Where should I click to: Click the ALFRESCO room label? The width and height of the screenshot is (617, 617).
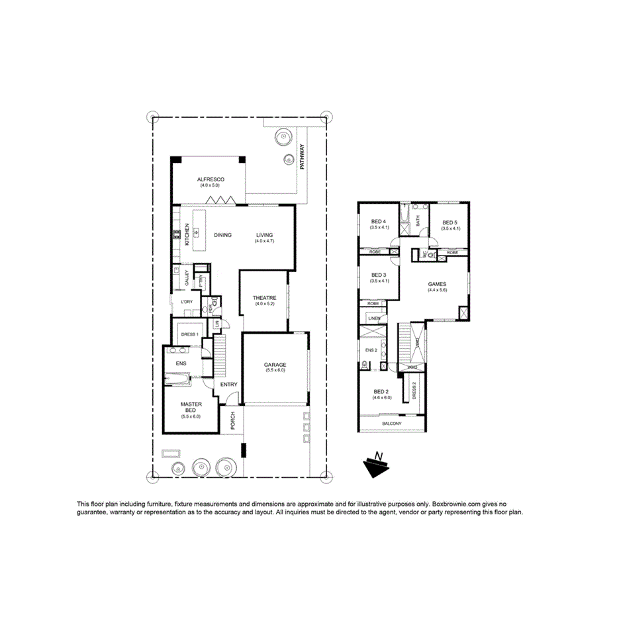pos(211,179)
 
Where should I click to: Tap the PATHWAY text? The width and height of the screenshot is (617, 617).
pos(302,158)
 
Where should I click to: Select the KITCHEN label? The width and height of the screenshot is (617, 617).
pos(187,234)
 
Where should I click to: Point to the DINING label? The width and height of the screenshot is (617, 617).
pos(222,235)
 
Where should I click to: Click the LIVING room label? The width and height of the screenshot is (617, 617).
pos(264,235)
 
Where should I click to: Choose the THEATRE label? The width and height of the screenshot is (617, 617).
pos(264,298)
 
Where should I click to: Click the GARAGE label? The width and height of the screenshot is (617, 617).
pos(275,365)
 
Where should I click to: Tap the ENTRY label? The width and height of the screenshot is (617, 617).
pos(228,384)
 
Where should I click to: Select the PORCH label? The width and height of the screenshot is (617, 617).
pos(232,422)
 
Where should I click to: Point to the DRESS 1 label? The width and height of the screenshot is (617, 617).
pos(189,334)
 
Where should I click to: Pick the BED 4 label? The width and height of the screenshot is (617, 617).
pos(379,222)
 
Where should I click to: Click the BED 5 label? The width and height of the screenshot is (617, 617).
pos(450,222)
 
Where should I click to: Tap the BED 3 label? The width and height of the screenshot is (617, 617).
pos(379,275)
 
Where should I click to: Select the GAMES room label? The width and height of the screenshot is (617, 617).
pos(438,284)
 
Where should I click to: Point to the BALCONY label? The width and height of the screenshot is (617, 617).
pos(392,424)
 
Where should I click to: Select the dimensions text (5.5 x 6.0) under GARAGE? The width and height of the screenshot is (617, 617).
pos(275,371)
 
